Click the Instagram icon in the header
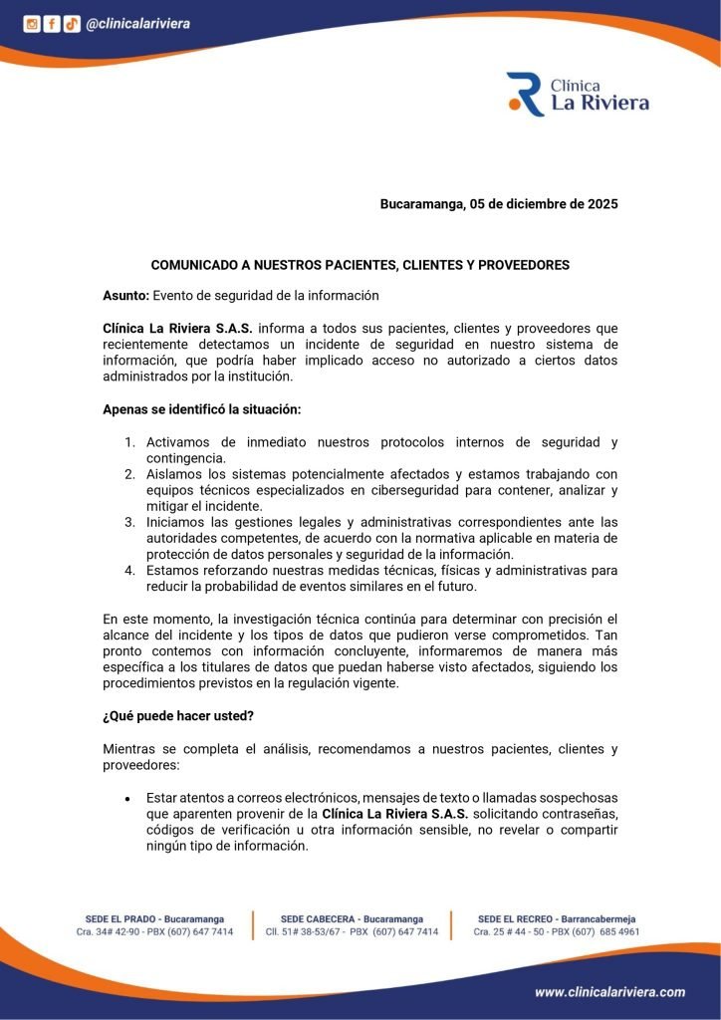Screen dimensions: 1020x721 32,24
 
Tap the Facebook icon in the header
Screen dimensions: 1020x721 52,24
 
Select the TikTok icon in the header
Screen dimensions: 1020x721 72,24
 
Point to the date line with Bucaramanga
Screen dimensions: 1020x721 499,204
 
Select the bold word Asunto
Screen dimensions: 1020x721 125,296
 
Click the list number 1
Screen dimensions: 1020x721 129,442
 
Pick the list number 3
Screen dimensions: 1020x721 129,522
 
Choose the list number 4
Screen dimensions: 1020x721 129,571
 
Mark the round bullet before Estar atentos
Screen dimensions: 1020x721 128,799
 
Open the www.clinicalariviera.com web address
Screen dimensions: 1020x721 609,992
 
